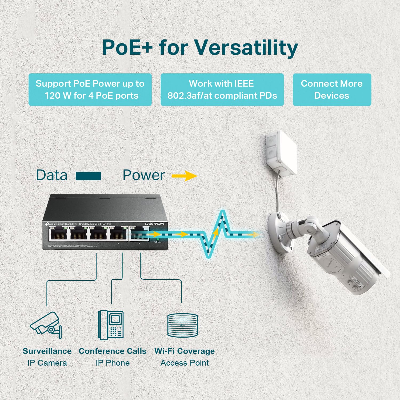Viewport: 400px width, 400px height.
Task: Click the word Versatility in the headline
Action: (x=246, y=47)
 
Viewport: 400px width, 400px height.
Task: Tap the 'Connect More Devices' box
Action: (x=332, y=90)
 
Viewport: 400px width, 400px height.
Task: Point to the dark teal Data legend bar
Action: (x=88, y=176)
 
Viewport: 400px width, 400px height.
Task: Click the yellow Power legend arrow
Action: (x=184, y=176)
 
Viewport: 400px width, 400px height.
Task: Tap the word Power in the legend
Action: (x=143, y=175)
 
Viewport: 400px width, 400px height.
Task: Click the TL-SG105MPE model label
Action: (x=154, y=224)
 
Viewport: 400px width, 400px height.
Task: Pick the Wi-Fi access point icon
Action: (x=183, y=325)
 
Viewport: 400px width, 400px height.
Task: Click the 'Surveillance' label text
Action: (x=47, y=351)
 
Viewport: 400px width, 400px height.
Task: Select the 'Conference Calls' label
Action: (x=113, y=351)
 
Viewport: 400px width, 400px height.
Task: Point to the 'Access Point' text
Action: (x=185, y=363)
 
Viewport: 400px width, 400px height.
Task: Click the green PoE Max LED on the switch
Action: (x=157, y=239)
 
